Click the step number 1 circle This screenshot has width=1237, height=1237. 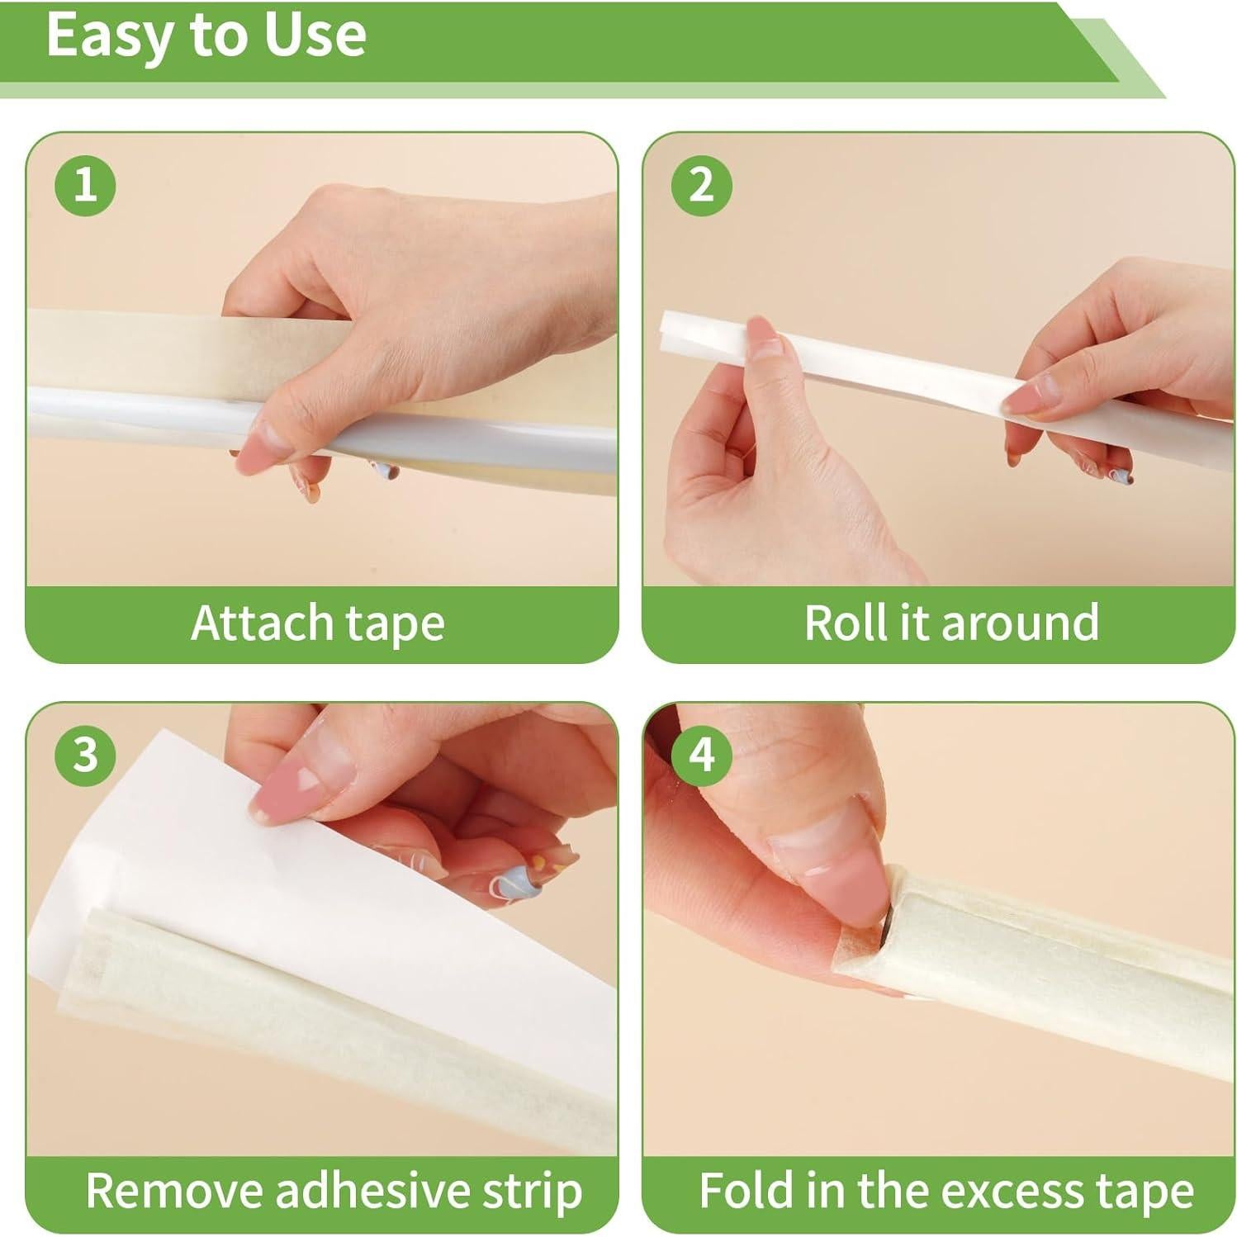(x=85, y=184)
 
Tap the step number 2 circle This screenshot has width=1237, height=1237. (x=701, y=184)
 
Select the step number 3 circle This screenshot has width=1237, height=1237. (x=85, y=755)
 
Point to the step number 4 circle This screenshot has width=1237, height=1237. (x=701, y=755)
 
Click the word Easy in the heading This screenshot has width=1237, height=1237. (x=102, y=36)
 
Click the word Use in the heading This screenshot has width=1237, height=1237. (x=318, y=35)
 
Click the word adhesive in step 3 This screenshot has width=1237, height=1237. (x=373, y=1191)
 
